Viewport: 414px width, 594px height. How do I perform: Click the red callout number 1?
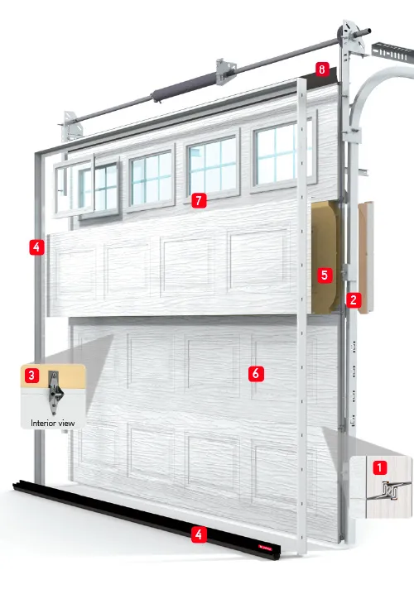pyautogui.click(x=380, y=467)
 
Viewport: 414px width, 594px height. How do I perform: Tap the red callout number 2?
pyautogui.click(x=354, y=300)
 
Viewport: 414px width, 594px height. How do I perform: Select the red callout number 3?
pyautogui.click(x=31, y=376)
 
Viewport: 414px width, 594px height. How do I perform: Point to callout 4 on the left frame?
pyautogui.click(x=36, y=247)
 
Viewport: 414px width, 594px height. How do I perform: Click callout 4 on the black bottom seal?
pyautogui.click(x=198, y=535)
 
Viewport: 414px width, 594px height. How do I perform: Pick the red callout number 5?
pyautogui.click(x=325, y=275)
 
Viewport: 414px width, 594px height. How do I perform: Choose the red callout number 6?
pyautogui.click(x=256, y=373)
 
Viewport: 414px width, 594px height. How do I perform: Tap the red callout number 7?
pyautogui.click(x=199, y=200)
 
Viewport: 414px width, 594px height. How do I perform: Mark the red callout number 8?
pyautogui.click(x=322, y=69)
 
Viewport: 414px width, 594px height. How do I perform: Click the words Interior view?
pyautogui.click(x=53, y=423)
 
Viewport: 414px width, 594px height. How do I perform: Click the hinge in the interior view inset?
pyautogui.click(x=55, y=392)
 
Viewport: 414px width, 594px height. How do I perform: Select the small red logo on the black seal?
pyautogui.click(x=265, y=547)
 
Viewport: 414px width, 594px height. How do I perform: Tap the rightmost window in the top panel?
pyautogui.click(x=283, y=151)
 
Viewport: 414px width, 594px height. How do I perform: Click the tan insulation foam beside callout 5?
pyautogui.click(x=325, y=257)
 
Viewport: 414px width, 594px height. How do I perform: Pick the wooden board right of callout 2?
pyautogui.click(x=366, y=257)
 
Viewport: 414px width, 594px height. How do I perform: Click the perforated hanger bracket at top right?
pyautogui.click(x=392, y=53)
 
